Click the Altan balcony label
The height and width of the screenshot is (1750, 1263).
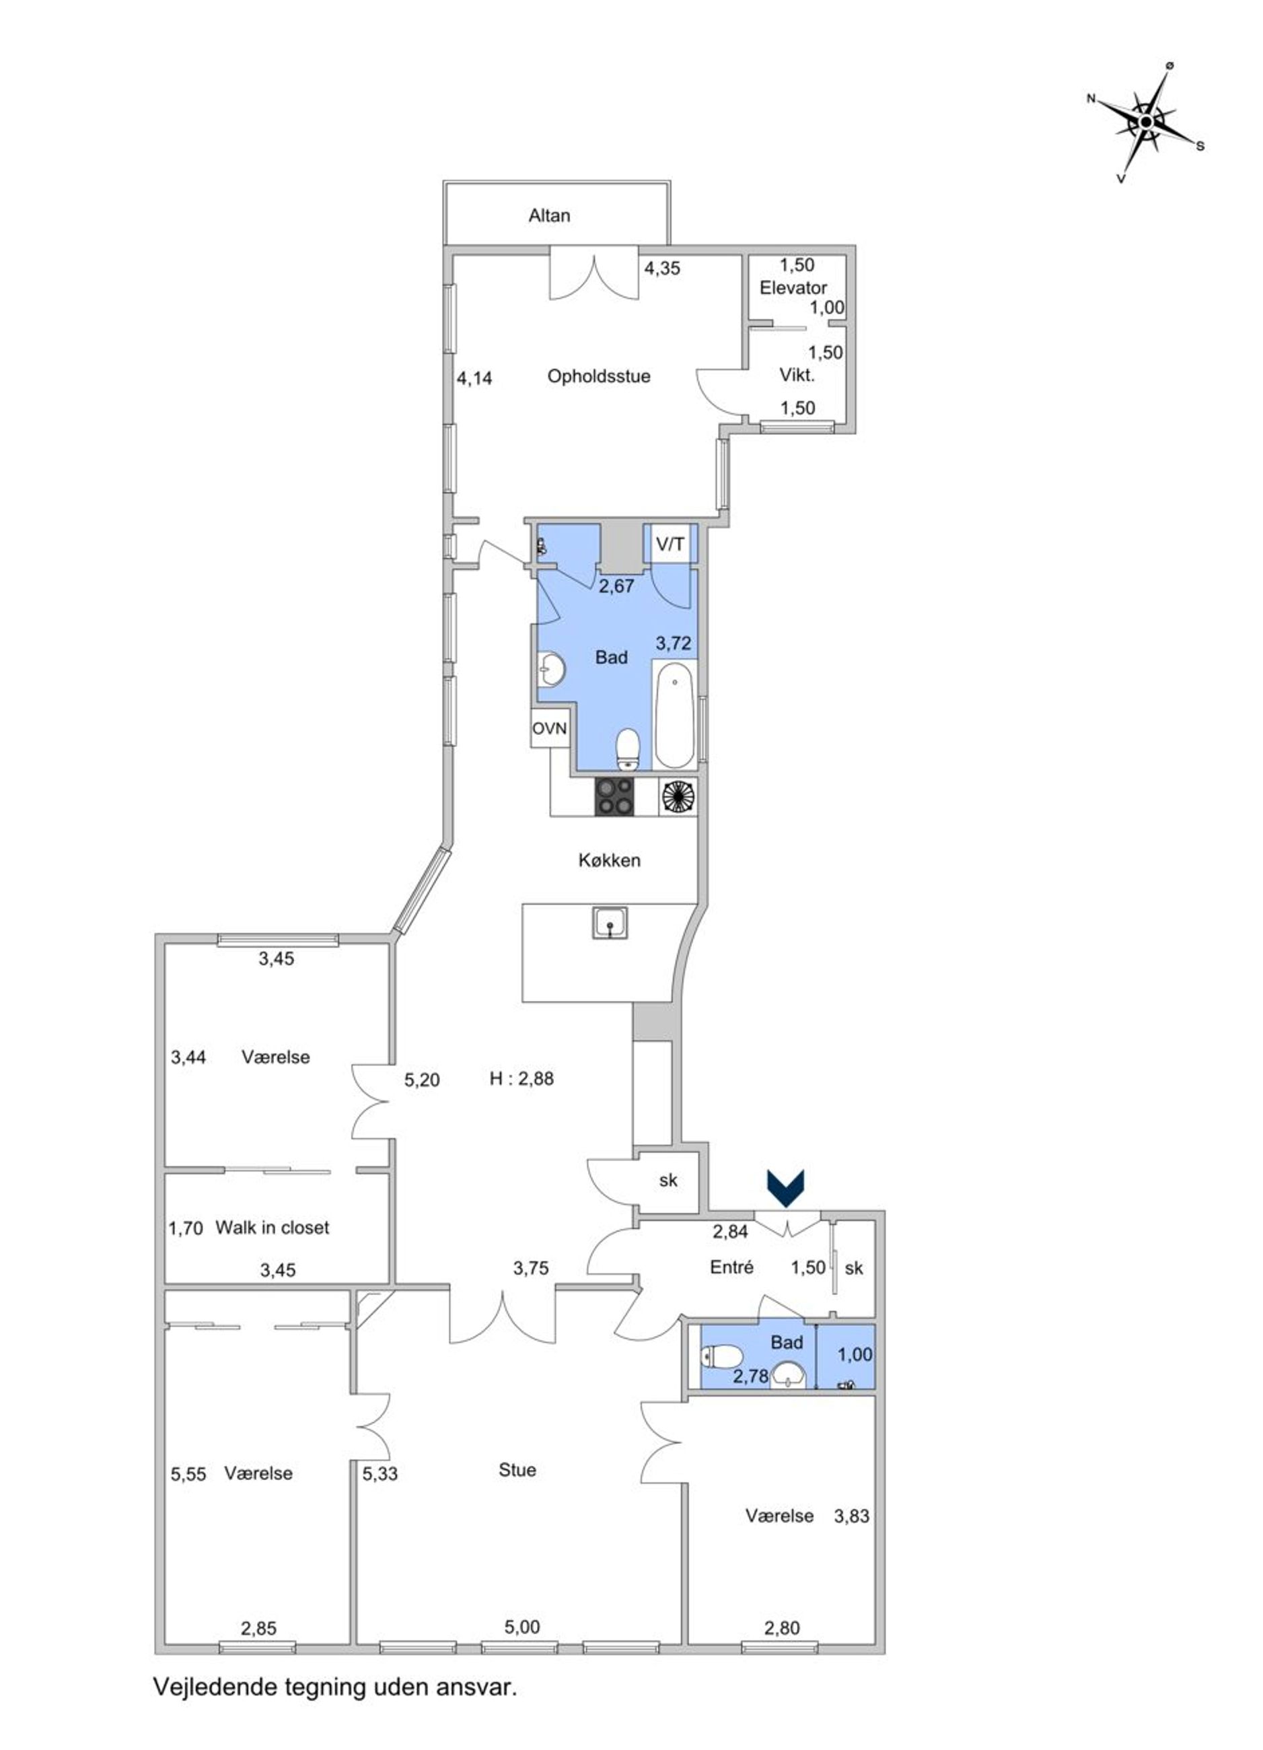point(548,215)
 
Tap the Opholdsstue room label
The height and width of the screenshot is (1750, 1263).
point(599,376)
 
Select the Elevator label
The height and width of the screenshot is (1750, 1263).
point(793,288)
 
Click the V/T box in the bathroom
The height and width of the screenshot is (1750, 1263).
point(670,544)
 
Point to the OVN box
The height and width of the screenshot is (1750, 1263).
point(549,728)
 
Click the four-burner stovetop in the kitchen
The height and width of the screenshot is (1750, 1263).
point(615,796)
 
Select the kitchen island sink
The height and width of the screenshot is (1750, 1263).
point(610,923)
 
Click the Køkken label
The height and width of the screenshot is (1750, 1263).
point(610,860)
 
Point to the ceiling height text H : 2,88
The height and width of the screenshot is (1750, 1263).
point(521,1079)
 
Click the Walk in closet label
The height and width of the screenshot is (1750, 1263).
point(273,1228)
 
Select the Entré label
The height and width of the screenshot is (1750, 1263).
point(731,1267)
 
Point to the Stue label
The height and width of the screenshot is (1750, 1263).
point(517,1470)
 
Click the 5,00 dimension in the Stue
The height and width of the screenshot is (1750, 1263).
point(522,1628)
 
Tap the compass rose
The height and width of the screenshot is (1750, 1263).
point(1147,122)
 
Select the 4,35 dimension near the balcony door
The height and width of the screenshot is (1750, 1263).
point(662,269)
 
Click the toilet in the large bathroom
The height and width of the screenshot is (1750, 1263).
point(628,749)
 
